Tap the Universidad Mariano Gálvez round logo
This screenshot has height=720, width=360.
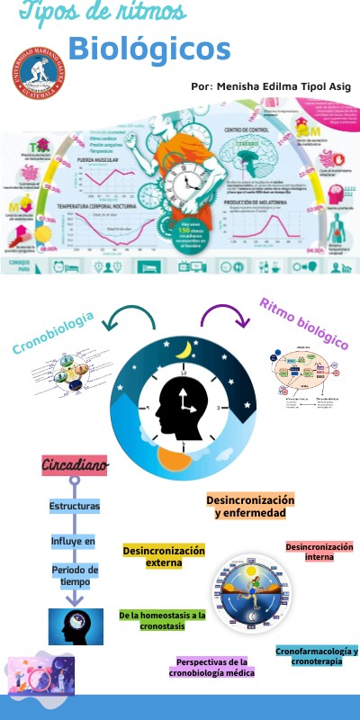(39, 75)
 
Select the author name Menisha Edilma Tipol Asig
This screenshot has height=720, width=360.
(271, 86)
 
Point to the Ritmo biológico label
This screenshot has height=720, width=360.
(303, 321)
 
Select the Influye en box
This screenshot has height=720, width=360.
(73, 541)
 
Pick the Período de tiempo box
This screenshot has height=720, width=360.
(75, 576)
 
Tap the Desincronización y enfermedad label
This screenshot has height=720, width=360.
(250, 506)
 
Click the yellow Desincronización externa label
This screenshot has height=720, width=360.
(164, 556)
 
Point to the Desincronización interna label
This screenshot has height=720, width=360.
(319, 552)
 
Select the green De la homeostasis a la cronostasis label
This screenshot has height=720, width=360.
(162, 620)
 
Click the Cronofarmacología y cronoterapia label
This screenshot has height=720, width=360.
(316, 655)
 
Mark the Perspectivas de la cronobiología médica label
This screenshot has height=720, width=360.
(212, 667)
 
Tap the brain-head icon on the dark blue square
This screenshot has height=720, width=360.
(76, 627)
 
